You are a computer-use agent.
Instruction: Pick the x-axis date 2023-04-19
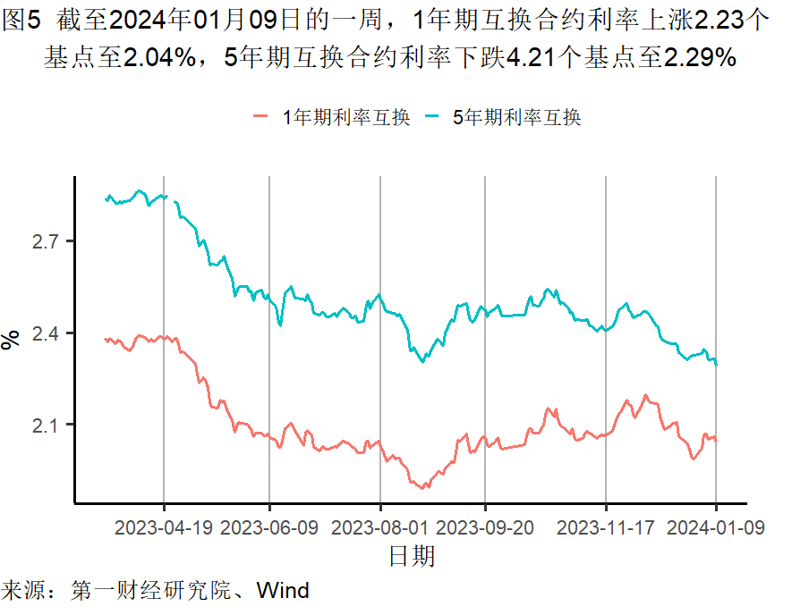[164, 527]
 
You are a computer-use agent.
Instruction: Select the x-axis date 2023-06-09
[269, 527]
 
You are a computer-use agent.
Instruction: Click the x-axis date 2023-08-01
[380, 527]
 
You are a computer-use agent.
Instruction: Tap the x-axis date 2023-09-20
[485, 527]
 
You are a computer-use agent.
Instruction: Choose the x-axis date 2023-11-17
[606, 527]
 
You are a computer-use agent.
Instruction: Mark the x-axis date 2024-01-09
[716, 527]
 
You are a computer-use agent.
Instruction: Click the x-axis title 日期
[412, 557]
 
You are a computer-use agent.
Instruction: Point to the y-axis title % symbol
[12, 340]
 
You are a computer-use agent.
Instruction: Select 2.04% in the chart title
[160, 59]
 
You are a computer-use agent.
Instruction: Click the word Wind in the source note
[283, 591]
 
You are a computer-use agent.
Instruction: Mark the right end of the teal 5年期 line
[717, 364]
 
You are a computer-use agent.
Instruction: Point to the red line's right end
[717, 440]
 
